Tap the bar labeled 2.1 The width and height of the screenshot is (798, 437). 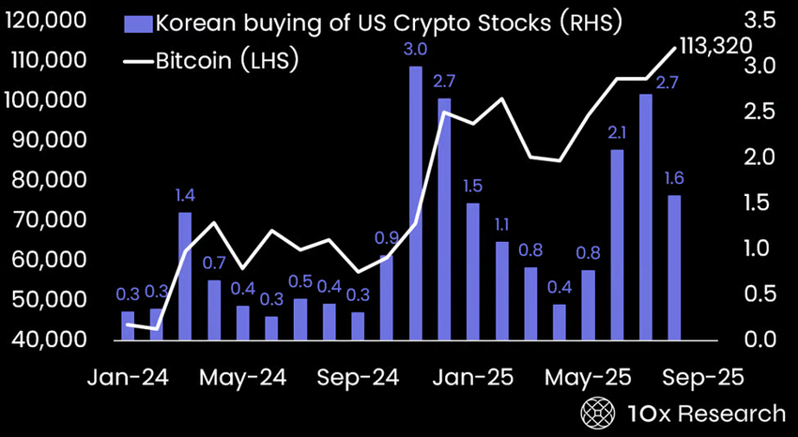617,244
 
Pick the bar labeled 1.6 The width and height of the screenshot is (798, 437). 674,267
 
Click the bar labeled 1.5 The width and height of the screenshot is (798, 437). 473,271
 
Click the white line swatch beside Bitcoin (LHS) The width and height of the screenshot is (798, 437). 136,62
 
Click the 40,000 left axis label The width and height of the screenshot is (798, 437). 51,339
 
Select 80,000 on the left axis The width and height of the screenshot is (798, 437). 51,180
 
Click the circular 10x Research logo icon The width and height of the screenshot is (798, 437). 595,413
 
